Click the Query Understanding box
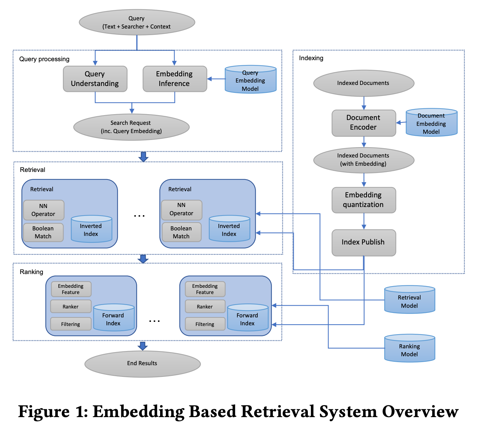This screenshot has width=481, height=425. tap(95, 79)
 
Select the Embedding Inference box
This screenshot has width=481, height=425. tap(175, 79)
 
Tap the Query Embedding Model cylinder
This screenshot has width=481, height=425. tap(250, 79)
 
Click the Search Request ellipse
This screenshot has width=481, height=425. tap(131, 127)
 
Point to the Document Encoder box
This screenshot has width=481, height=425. tap(363, 123)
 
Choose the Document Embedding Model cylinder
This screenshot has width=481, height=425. tap(432, 122)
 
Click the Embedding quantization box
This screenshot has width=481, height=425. tap(363, 200)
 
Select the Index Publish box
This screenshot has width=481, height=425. tap(363, 242)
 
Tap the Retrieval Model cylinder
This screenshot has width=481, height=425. tap(410, 299)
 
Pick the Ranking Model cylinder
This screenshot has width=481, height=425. tap(410, 348)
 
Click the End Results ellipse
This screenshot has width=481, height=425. tap(143, 364)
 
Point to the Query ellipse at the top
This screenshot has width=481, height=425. tap(137, 22)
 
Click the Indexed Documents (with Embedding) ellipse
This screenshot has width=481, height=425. tap(364, 160)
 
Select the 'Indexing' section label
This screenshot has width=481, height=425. tap(311, 58)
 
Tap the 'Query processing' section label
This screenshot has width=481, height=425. tap(44, 59)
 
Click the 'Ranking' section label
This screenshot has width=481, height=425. tap(31, 272)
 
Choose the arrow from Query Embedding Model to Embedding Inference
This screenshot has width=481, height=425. tap(216, 79)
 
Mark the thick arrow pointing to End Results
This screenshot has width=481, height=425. tap(143, 346)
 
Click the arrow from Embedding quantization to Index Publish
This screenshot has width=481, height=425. tap(364, 221)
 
